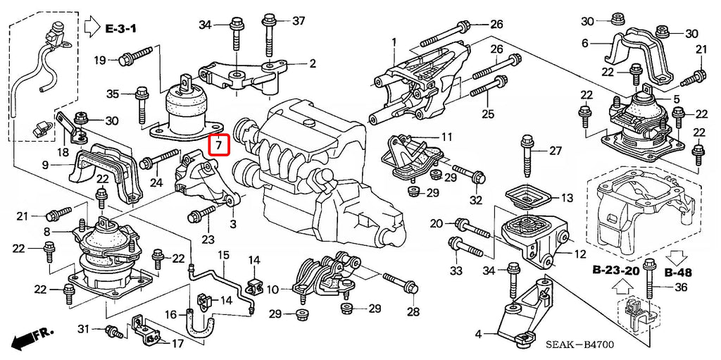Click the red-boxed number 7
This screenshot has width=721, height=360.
(220, 145)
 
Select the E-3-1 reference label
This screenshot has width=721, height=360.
(122, 30)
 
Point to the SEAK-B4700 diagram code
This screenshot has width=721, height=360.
(579, 345)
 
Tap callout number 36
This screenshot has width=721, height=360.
(680, 287)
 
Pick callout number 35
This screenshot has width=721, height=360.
(113, 94)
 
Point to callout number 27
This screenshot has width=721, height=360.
(556, 151)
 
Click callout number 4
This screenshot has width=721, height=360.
(478, 334)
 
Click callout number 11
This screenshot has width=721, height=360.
(448, 136)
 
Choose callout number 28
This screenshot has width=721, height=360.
(412, 311)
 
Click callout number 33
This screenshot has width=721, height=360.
(456, 271)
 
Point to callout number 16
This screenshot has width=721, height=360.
(170, 314)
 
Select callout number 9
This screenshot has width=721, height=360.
(45, 166)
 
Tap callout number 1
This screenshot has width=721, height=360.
(394, 42)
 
